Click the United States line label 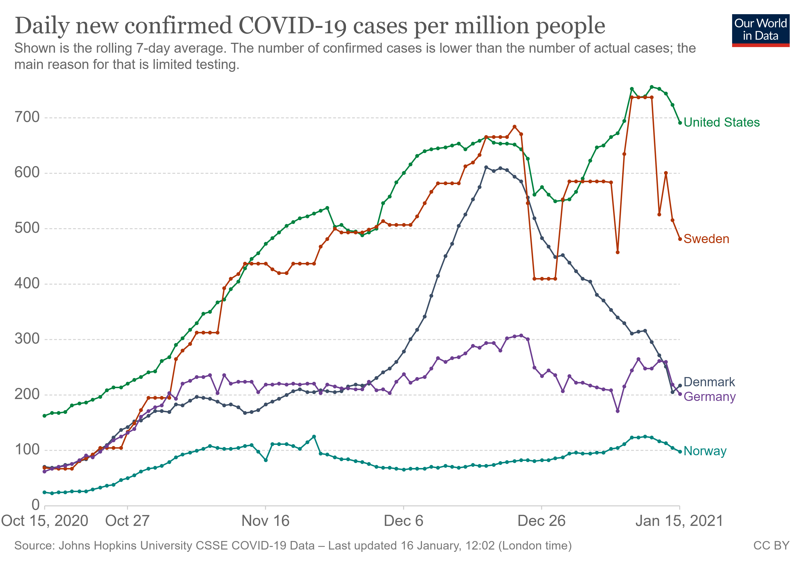[721, 122]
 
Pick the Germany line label [709, 397]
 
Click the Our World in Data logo [760, 30]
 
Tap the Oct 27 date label [127, 521]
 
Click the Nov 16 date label [265, 521]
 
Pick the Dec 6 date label [403, 521]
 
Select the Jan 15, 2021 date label [679, 521]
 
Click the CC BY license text [771, 546]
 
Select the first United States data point [44, 416]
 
